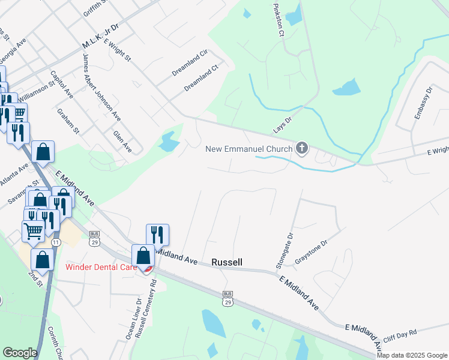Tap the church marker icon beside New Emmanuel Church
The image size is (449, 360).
pyautogui.click(x=302, y=148)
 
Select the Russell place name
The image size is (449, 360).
pyautogui.click(x=227, y=262)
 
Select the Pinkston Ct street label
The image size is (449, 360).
pyautogui.click(x=278, y=22)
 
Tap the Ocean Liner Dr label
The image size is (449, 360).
pyautogui.click(x=130, y=319)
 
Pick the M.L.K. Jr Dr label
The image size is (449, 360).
pyautogui.click(x=100, y=36)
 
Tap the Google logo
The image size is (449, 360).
pyautogui.click(x=20, y=352)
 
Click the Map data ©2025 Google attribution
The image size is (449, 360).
pyautogui.click(x=412, y=355)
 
